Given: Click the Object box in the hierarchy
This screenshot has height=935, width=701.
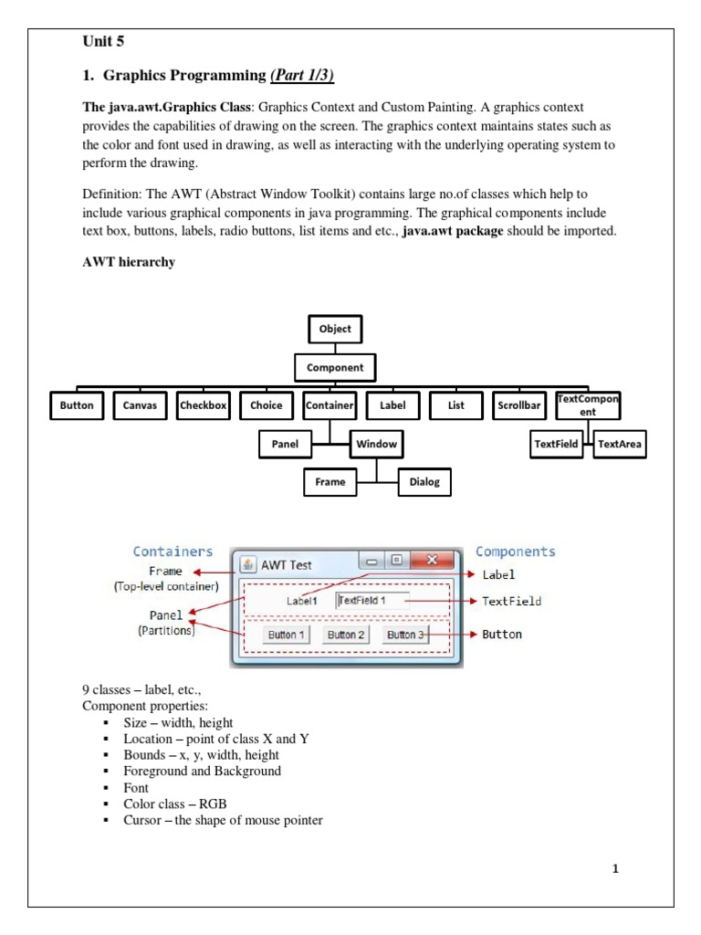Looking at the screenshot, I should [x=335, y=330].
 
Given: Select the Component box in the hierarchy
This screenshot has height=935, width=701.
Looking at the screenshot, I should [x=335, y=367].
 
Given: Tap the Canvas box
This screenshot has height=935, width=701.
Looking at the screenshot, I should [x=141, y=405].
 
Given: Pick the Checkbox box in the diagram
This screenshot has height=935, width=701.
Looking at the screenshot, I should [x=204, y=405].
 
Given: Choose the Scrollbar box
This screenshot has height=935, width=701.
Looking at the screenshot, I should [x=519, y=405].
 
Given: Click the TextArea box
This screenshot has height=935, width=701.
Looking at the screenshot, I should [x=619, y=445].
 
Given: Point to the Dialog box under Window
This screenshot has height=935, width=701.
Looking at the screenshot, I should [x=424, y=481].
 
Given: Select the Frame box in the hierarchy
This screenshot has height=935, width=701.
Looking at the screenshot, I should [x=330, y=481].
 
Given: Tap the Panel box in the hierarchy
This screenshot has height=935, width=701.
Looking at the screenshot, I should [x=285, y=445].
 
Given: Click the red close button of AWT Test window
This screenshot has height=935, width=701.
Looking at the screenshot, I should [x=433, y=561].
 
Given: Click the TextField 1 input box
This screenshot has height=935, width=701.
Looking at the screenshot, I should [x=372, y=600].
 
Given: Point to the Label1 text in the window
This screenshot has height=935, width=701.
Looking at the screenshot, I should [x=302, y=601].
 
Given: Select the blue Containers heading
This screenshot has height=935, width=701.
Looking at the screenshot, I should [x=173, y=552].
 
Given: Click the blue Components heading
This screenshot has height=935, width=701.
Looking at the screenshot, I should [x=515, y=552].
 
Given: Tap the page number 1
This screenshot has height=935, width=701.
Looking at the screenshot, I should [x=615, y=868].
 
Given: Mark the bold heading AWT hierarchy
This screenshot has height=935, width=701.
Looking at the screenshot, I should [x=129, y=262].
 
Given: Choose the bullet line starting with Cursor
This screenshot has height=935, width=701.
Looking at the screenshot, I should [x=223, y=820].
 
